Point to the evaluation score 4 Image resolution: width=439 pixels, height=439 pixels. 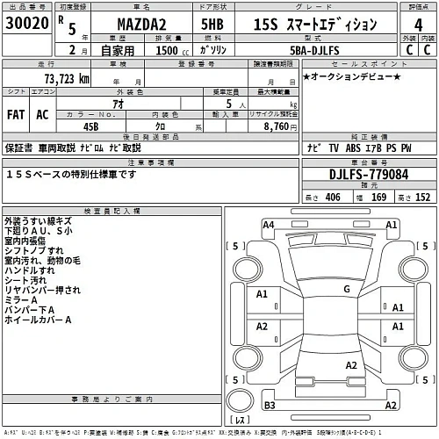pyautogui.click(x=416, y=26)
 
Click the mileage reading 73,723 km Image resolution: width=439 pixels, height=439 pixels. pyautogui.click(x=60, y=79)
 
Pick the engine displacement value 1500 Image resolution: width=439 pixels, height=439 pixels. pyautogui.click(x=163, y=52)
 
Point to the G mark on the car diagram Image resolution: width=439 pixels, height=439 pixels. pyautogui.click(x=347, y=288)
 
